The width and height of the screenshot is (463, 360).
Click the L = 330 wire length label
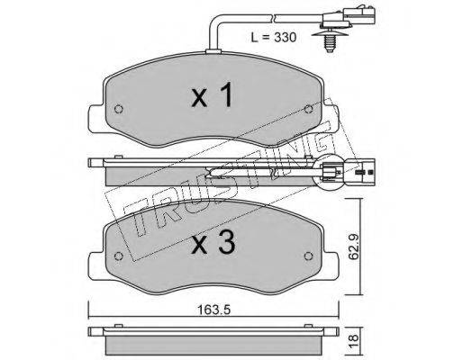tap(274, 38)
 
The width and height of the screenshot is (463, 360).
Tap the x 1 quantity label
tap(212, 94)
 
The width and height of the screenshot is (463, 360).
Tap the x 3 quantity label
tap(213, 243)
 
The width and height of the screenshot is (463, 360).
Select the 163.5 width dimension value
tap(213, 310)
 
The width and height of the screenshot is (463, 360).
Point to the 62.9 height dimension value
tap(355, 247)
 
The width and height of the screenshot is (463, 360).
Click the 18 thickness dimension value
tap(354, 337)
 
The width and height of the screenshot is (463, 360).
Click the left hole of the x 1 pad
tap(119, 109)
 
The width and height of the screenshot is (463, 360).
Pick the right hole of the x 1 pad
tap(308, 109)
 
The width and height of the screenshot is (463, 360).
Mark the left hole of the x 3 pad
tap(119, 256)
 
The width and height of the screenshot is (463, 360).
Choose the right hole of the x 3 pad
tap(308, 256)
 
